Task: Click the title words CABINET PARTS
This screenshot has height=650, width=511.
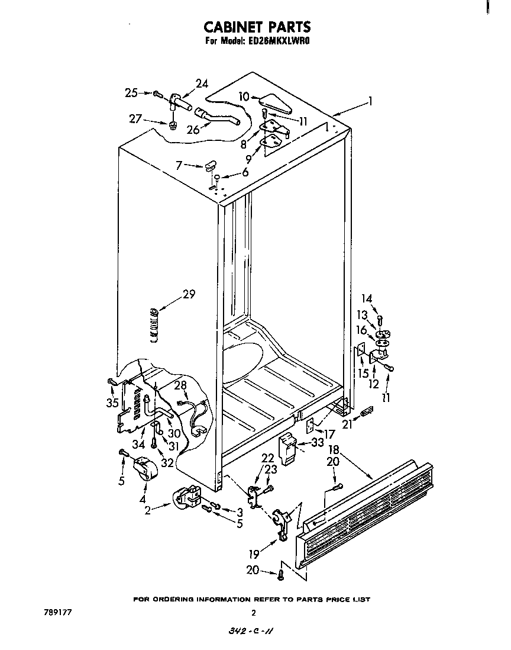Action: (x=257, y=27)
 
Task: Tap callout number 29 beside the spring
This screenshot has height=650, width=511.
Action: (x=189, y=294)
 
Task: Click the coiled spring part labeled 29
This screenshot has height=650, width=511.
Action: (x=154, y=324)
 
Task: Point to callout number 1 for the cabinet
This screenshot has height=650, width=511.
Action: (x=370, y=101)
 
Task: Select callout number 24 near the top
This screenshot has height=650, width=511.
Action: (x=202, y=83)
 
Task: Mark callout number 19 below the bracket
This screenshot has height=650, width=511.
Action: (x=255, y=555)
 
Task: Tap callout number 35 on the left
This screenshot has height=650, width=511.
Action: (x=111, y=403)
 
